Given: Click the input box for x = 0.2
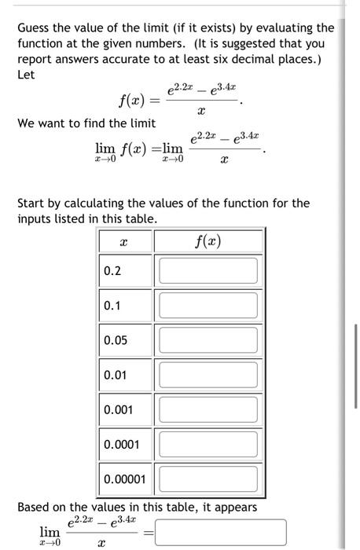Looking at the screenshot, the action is point(208,270).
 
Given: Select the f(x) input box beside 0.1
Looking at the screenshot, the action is point(208,305).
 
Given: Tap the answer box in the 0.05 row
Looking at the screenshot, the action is point(208,339).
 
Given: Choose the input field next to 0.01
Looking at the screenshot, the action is point(208,374).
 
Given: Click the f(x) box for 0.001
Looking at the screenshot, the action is point(208,409).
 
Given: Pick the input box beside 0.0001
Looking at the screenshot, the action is point(208,444).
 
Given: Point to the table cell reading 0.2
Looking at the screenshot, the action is point(113,271).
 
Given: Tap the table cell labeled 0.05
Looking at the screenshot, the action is point(116,340).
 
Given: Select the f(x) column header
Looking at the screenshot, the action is point(208,240).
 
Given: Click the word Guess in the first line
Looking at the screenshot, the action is point(35,28).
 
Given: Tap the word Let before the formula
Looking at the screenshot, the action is point(26,75).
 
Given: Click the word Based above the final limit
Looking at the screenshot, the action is point(35,508).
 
